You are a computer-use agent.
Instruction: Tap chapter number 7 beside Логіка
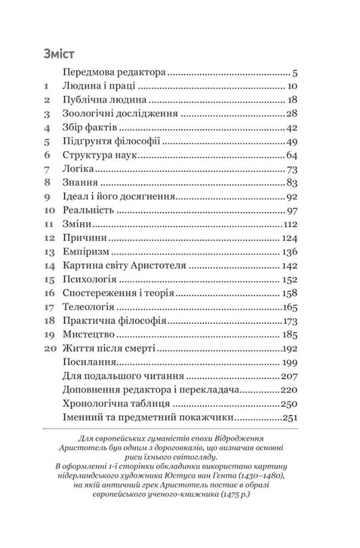[47, 168]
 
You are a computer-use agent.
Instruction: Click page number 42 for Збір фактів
[292, 128]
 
